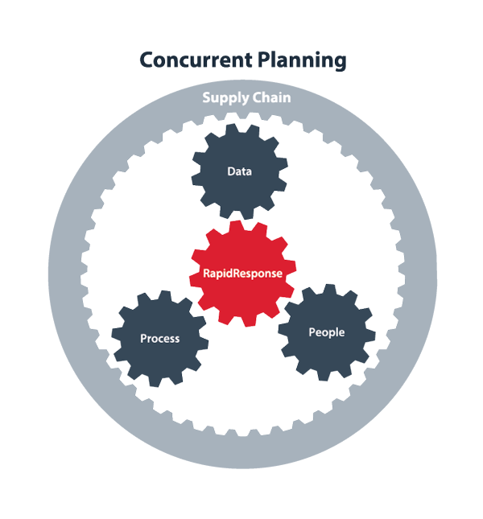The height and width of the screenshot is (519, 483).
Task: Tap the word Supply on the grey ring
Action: pos(221,98)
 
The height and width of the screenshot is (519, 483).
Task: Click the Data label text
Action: pos(238,171)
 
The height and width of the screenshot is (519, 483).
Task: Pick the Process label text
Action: pos(159,338)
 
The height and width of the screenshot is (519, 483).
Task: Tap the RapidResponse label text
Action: pos(242,273)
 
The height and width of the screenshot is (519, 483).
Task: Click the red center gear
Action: pos(242,249)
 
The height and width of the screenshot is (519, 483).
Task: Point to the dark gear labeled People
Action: pos(326,354)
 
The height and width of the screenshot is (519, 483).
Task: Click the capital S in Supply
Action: pos(205,98)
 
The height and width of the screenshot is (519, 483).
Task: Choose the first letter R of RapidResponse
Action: pos(205,273)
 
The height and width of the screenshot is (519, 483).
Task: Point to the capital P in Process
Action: pos(143,338)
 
